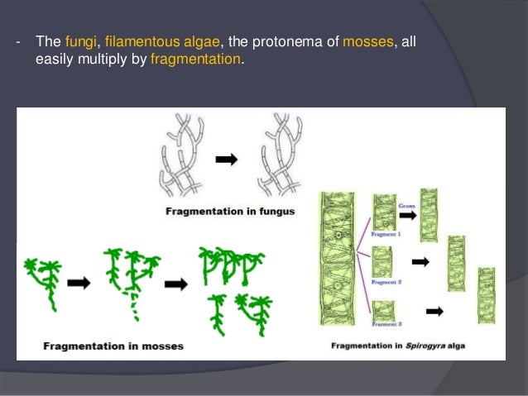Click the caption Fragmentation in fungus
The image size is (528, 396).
point(230,212)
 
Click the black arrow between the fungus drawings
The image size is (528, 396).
point(226,160)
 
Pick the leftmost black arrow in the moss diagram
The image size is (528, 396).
point(79,282)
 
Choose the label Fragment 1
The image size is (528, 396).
point(386,235)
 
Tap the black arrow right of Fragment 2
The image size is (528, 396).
point(421,262)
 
